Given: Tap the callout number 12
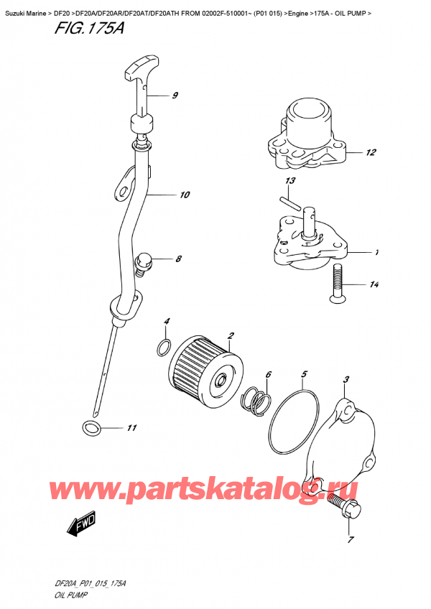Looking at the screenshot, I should point(370,152).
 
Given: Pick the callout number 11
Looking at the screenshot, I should point(131,429).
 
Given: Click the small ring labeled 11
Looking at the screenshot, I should point(91,429).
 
